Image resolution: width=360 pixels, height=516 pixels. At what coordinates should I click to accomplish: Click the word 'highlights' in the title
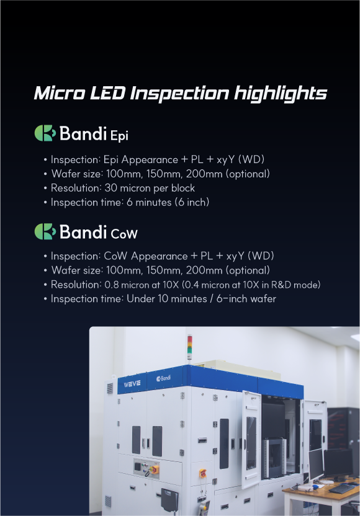coord(281,94)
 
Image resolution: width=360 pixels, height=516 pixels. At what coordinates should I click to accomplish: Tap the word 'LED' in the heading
coord(107,93)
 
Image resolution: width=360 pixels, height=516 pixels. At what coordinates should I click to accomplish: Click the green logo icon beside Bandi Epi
coord(45,133)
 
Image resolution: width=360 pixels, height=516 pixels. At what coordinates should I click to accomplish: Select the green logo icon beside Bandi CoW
coord(45,231)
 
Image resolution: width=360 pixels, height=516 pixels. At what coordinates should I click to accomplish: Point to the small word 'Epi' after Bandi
coord(119,136)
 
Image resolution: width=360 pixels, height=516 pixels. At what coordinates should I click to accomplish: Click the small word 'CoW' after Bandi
coord(124,234)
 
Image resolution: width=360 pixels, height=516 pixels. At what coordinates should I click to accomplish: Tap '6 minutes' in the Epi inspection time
coord(149,202)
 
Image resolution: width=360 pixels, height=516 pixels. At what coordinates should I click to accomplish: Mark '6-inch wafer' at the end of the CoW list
coord(246,299)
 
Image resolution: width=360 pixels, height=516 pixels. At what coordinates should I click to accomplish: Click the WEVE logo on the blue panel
coord(132,384)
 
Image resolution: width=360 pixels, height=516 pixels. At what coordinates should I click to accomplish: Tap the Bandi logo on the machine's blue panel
coord(163,378)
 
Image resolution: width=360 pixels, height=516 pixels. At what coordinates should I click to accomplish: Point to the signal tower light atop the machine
coord(189,347)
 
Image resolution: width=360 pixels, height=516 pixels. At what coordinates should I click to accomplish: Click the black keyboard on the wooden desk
coord(343,488)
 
